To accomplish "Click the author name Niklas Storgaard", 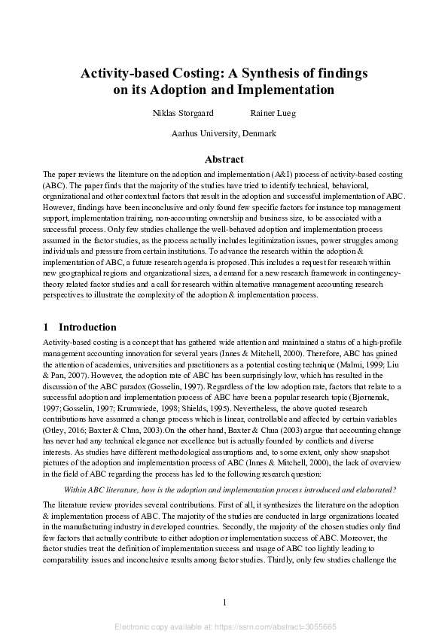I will [183, 113].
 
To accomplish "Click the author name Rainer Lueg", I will [273, 113].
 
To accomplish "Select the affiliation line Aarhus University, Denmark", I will [224, 133].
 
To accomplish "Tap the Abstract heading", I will [224, 159].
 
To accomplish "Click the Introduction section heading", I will [87, 328].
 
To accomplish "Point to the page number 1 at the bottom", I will [224, 602].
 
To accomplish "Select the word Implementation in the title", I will [286, 90].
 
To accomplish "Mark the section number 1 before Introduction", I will [47, 328].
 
